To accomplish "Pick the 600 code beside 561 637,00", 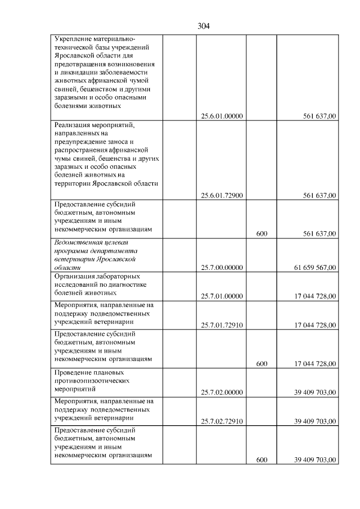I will point(261,233).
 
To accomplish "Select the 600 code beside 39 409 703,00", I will point(261,460).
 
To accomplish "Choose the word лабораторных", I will point(119,276).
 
